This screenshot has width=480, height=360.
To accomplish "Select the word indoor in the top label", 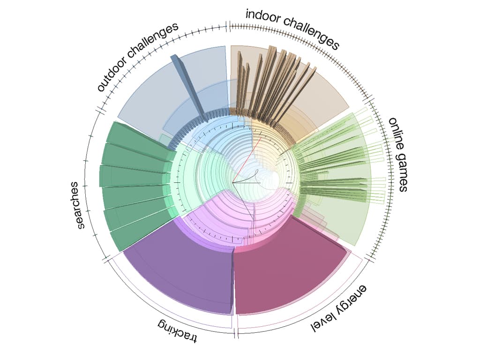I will click(x=263, y=18).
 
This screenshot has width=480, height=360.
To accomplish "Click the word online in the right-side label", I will click(x=395, y=135).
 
